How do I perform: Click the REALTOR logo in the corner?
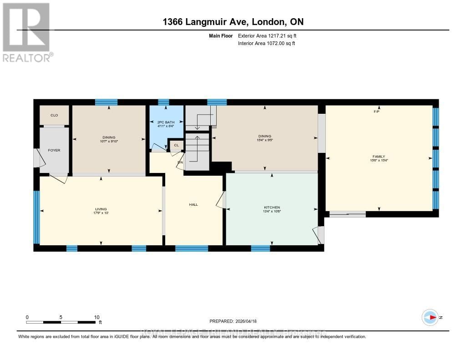(27, 32)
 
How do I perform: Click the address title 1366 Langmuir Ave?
(233, 22)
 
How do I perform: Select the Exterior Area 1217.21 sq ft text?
(267, 35)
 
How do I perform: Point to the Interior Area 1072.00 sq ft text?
(266, 43)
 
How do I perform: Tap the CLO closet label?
(54, 115)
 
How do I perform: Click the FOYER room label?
(54, 150)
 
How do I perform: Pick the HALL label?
(193, 204)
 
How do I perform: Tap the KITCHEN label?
(272, 207)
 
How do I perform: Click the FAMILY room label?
(379, 156)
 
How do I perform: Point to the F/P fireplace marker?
(377, 112)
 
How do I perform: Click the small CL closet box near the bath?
(176, 146)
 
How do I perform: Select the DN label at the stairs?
(180, 162)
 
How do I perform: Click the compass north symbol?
(430, 317)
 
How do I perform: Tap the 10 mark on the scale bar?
(96, 317)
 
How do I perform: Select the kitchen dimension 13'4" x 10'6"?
(272, 211)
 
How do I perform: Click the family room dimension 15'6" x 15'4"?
(379, 160)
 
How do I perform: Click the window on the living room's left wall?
(36, 217)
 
